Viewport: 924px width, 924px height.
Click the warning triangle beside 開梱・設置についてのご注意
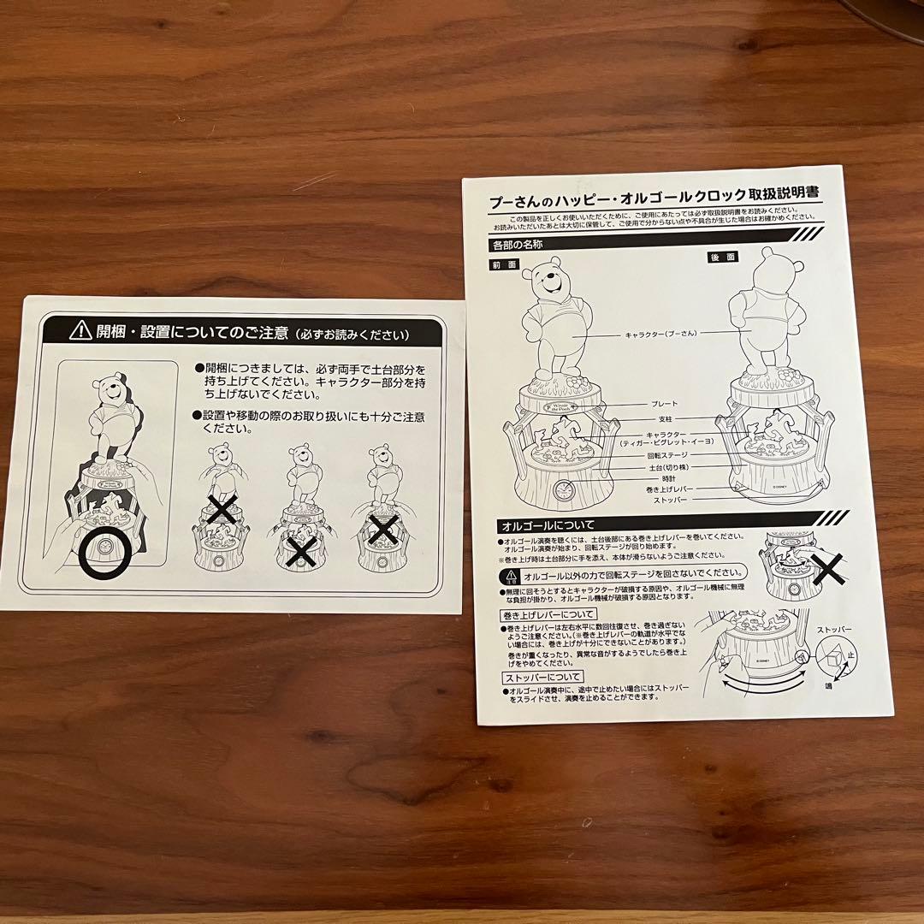(x=80, y=330)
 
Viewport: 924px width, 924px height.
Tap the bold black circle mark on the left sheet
(x=102, y=555)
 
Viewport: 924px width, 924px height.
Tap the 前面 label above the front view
(x=505, y=264)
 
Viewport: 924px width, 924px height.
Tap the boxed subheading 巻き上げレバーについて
(x=548, y=614)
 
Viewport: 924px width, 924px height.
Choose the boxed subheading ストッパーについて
(x=543, y=678)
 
